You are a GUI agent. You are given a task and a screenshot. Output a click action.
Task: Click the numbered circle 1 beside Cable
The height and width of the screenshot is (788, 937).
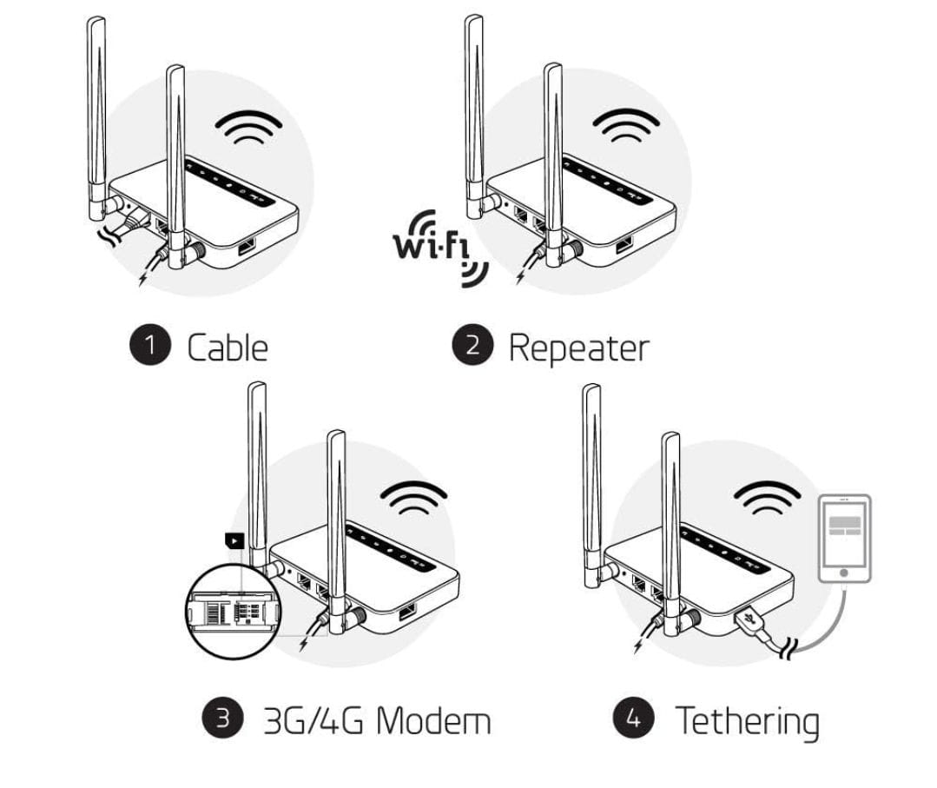coord(150,344)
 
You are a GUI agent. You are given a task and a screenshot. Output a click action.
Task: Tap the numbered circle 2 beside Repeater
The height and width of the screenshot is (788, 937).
coord(472,345)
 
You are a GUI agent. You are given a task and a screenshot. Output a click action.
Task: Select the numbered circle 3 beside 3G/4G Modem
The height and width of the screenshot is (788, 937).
coord(223,717)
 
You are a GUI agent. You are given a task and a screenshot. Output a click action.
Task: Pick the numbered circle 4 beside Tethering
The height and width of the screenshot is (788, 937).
coord(634,717)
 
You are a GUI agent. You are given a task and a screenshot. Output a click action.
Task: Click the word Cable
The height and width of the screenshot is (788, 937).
coord(227,348)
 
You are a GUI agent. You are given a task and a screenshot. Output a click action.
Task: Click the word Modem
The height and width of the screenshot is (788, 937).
coord(434,720)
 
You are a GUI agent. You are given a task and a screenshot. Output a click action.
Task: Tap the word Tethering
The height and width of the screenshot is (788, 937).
coord(747,722)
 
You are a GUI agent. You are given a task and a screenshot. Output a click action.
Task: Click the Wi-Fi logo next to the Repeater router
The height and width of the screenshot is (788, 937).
coord(439,248)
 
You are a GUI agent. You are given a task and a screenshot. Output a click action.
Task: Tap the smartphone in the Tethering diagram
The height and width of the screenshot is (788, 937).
coord(844,538)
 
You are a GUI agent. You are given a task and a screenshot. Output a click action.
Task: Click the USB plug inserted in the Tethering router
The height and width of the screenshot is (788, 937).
coord(749,622)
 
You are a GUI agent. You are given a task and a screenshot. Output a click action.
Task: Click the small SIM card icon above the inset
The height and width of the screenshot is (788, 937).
coord(234,540)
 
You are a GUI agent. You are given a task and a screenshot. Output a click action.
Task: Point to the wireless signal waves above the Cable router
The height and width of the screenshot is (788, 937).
coord(248,127)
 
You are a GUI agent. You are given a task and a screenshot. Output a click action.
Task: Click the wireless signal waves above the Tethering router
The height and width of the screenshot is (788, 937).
coord(768,498)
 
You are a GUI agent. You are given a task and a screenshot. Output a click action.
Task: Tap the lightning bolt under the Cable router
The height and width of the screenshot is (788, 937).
coord(143,277)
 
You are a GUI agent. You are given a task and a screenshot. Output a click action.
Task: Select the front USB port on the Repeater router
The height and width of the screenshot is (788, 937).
coord(624,244)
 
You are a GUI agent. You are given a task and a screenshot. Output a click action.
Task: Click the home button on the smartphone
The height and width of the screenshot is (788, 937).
coord(843,573)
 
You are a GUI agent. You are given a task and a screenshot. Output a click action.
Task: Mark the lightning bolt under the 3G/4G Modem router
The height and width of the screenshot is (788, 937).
coord(305,643)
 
